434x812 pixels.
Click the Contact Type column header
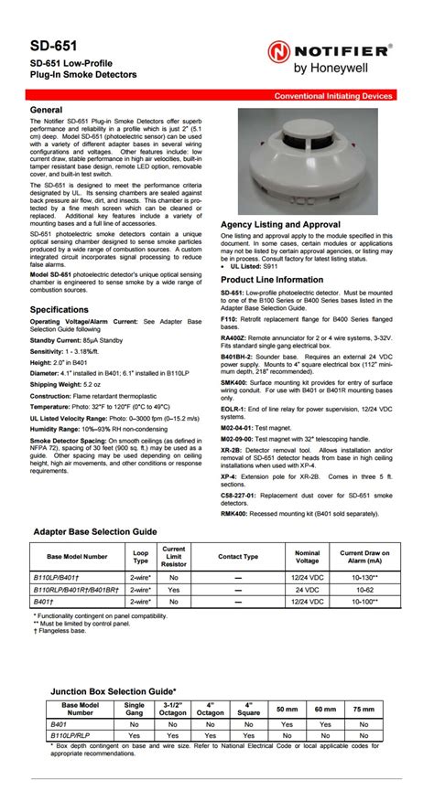coord(238,556)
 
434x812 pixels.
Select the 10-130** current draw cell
coord(364,578)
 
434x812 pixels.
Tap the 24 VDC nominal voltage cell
coord(308,590)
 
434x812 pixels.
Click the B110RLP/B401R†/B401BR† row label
coord(77,590)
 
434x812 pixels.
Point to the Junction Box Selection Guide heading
coord(114,692)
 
